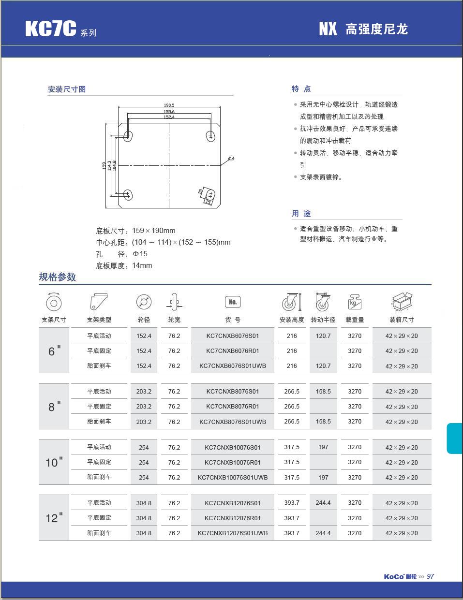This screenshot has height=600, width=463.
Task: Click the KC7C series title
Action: tap(51, 29)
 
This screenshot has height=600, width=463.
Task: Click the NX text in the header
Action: tap(328, 29)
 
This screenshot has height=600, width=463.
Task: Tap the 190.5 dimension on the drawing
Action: tap(169, 105)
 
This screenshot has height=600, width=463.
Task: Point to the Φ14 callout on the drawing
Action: tap(231, 159)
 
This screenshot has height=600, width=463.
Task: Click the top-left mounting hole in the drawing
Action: tap(128, 136)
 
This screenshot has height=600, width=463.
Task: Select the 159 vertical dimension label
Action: tap(104, 165)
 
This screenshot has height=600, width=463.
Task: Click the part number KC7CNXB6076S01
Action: tap(232, 336)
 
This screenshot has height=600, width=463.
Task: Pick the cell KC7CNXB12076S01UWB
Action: tap(232, 533)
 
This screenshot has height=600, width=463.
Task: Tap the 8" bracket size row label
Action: tap(54, 407)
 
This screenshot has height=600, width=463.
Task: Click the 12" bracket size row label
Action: tap(54, 518)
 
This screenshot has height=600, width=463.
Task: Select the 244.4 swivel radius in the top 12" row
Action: tap(323, 503)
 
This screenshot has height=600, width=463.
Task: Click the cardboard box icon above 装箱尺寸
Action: tap(402, 302)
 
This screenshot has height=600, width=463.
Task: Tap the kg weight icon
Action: tap(355, 302)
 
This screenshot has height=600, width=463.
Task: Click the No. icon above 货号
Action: tap(232, 302)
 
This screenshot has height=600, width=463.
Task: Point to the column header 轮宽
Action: tap(174, 320)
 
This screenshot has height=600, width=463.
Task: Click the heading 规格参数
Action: tap(58, 277)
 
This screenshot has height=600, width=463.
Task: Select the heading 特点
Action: tap(301, 88)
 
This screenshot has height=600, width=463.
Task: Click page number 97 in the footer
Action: tap(431, 576)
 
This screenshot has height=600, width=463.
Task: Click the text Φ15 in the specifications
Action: tap(140, 254)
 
